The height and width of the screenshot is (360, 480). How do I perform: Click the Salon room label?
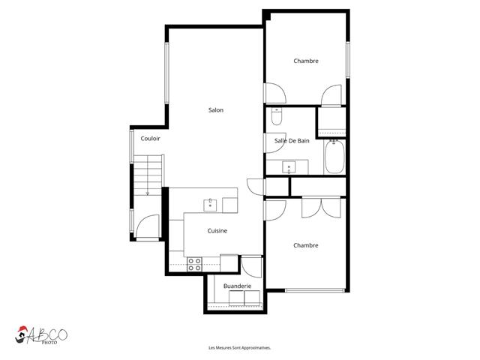point(216,110)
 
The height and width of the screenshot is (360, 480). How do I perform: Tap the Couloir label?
point(150,139)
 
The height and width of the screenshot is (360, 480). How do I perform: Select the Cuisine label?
point(217,231)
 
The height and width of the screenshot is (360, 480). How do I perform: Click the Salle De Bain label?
point(292,140)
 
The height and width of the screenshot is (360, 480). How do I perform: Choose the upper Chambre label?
point(306,61)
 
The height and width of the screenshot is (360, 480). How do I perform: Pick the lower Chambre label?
point(306,245)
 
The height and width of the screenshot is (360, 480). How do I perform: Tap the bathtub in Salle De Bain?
point(334,157)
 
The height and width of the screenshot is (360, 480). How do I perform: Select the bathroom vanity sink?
point(287,166)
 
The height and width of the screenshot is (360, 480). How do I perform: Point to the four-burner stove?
point(194,263)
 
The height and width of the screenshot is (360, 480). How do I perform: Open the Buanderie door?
point(251,265)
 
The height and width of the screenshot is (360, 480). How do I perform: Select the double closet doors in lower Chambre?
point(322,207)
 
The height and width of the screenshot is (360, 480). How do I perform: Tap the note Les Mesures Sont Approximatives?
point(239,348)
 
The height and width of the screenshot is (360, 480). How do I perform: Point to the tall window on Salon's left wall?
point(166,73)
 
